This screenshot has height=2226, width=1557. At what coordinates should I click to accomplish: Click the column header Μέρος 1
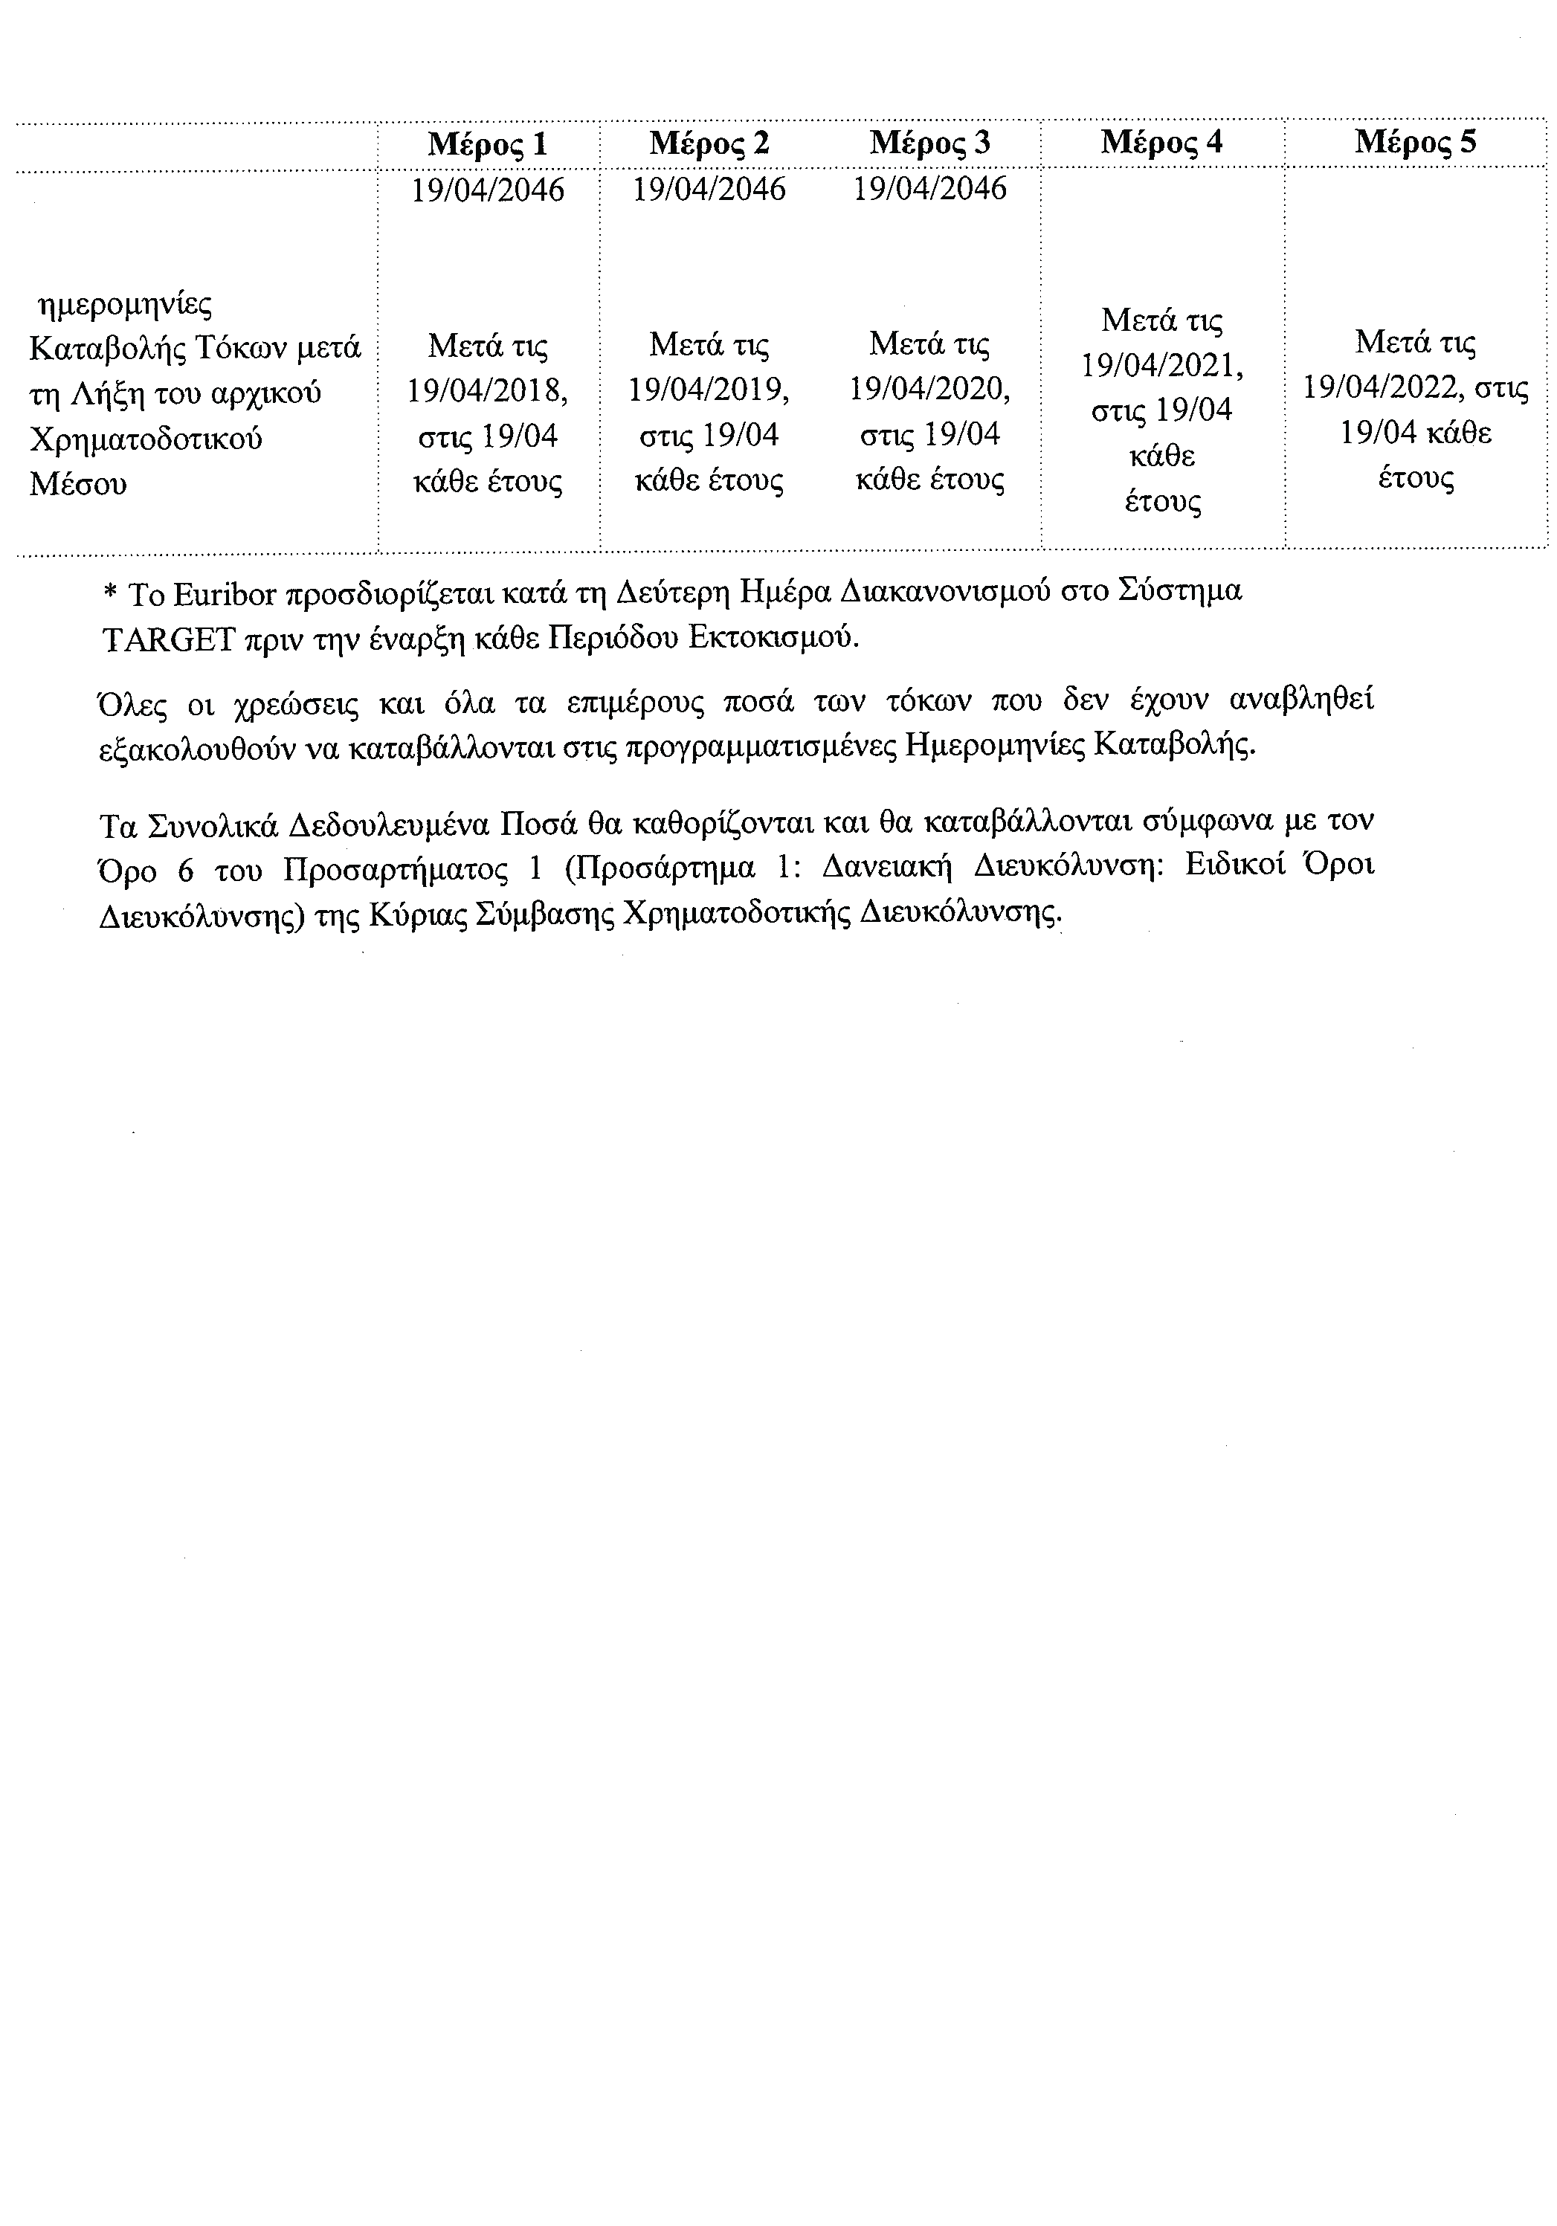click(x=488, y=144)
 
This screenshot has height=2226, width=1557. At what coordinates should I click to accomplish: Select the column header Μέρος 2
click(x=709, y=143)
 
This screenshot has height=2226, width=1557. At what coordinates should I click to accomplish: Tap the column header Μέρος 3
click(x=929, y=143)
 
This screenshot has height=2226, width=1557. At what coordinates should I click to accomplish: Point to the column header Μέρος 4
click(x=1161, y=143)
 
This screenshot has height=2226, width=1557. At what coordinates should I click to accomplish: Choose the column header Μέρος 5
click(x=1416, y=143)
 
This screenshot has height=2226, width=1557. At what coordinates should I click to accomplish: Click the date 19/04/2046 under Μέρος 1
click(x=488, y=190)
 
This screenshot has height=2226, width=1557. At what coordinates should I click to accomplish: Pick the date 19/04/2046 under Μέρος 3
click(x=929, y=189)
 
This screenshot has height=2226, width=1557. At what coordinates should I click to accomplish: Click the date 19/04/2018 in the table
click(x=484, y=391)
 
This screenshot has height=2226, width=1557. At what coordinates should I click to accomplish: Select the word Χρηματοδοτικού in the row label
click(x=146, y=439)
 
